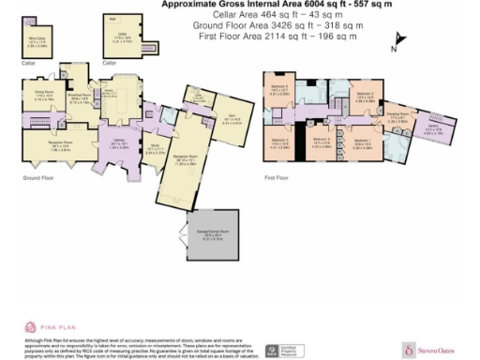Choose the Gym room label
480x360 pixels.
(228, 117)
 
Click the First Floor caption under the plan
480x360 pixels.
(276, 176)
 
